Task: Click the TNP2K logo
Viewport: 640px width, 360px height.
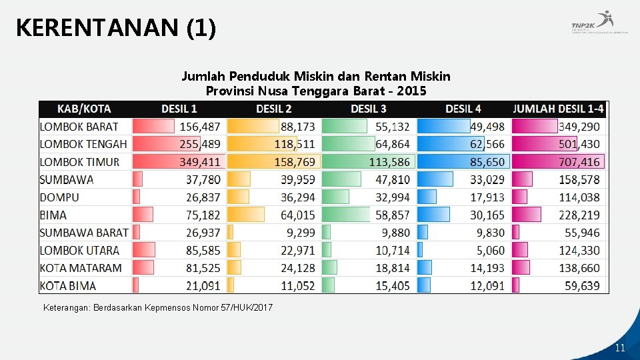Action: coord(599,25)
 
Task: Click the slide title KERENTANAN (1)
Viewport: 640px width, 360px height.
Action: coord(115,28)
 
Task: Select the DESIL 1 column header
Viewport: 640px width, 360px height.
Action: coord(179,109)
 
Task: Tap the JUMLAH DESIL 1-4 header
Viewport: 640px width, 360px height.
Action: coord(558,109)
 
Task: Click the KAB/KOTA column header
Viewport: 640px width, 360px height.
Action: coord(84,109)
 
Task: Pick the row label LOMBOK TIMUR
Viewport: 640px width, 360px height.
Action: coord(79,161)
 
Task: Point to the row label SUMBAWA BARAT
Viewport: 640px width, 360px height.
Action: coord(84,233)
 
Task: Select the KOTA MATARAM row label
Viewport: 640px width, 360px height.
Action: coord(81,268)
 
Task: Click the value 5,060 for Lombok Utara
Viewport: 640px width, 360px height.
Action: coord(491,250)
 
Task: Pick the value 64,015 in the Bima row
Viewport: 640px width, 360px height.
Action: coord(297,215)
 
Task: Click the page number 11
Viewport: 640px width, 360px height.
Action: coord(620,348)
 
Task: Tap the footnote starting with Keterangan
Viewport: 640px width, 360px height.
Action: coord(157,308)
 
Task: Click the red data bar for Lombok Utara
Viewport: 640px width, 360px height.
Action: coord(144,250)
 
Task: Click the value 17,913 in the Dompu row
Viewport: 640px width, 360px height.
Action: coord(486,197)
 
